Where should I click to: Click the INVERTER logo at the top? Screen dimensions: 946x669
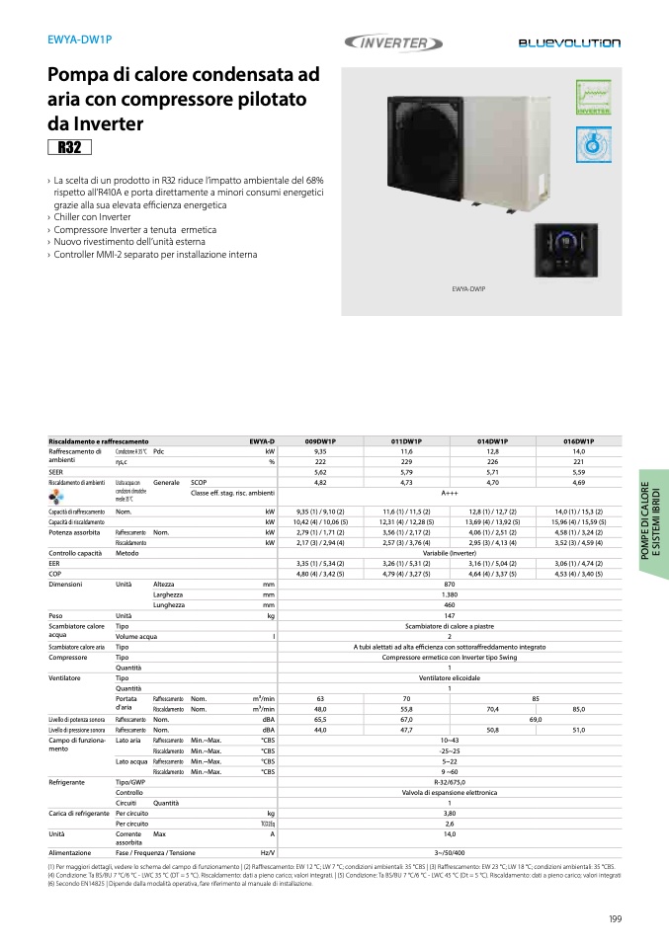[388, 42]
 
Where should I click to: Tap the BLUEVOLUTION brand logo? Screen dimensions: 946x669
[569, 43]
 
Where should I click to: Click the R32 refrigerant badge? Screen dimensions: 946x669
[69, 148]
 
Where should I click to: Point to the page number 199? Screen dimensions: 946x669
[615, 919]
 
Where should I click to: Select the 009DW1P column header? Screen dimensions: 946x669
[320, 440]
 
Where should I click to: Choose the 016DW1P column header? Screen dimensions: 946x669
[578, 440]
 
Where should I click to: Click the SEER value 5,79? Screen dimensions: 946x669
[406, 472]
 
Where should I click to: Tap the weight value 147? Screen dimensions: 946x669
[450, 615]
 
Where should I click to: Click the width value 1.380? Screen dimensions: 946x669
[450, 595]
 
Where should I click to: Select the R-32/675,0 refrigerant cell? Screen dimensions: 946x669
[450, 781]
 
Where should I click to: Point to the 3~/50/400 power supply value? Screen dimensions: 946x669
[450, 851]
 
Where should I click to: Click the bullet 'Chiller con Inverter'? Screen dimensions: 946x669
[92, 217]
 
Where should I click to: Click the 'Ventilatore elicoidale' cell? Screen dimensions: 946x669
[450, 678]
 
